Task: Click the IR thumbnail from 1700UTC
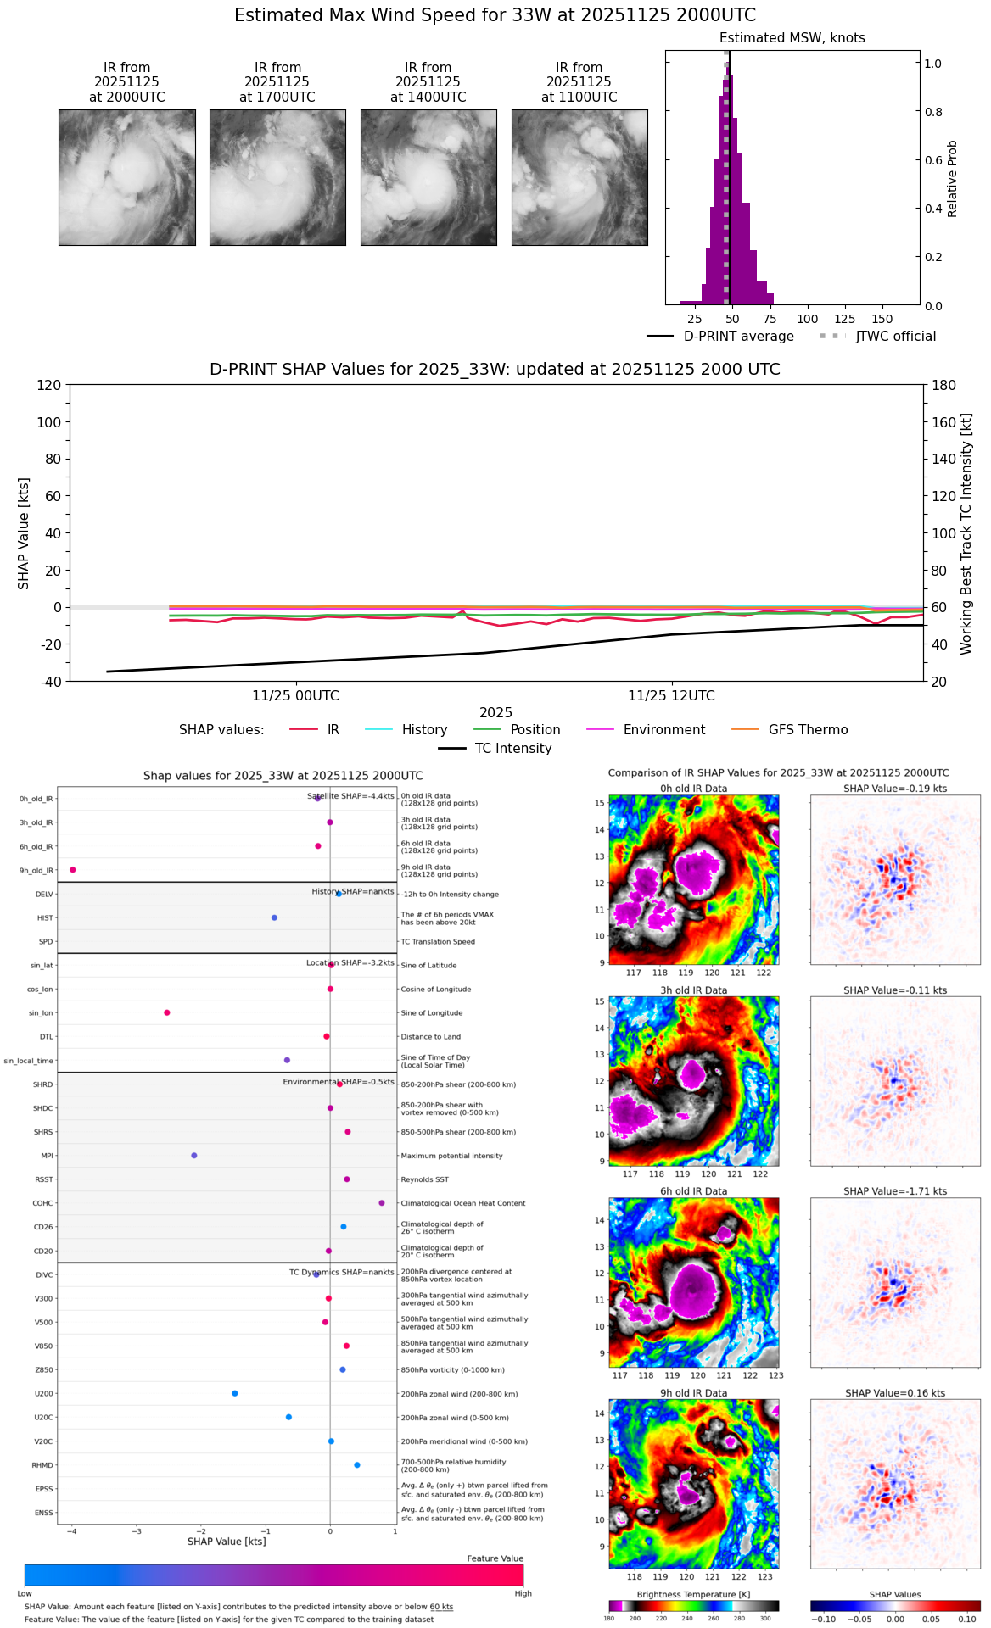(277, 177)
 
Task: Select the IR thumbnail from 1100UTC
(579, 177)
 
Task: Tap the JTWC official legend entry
(896, 337)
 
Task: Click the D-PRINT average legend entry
(738, 337)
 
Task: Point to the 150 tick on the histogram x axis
(882, 319)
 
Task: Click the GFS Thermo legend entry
(808, 730)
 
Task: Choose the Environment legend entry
(663, 730)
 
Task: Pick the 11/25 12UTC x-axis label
(671, 696)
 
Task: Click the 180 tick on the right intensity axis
(943, 385)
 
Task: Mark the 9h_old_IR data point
(73, 870)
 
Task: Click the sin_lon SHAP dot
(167, 1012)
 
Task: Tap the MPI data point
(194, 1156)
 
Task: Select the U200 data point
(235, 1393)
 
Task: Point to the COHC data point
(382, 1203)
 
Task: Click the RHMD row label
(42, 1465)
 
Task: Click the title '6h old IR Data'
(693, 1191)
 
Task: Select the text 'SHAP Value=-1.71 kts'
(895, 1191)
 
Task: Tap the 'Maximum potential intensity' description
(451, 1156)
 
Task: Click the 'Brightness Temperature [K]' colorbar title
(693, 1595)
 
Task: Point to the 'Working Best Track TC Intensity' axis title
(966, 534)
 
